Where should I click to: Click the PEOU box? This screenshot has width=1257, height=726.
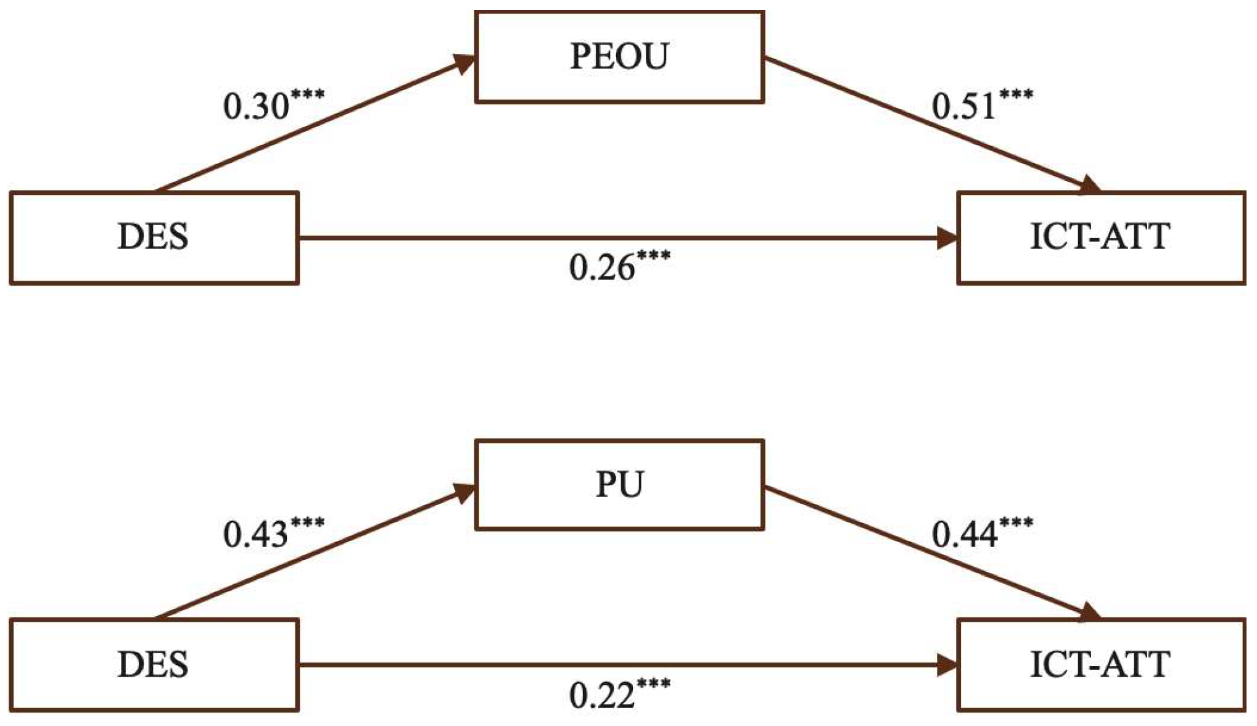click(619, 57)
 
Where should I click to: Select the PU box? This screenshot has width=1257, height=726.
click(619, 485)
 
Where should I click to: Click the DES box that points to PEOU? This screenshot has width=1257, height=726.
click(154, 237)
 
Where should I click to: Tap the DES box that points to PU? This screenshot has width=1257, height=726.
click(154, 665)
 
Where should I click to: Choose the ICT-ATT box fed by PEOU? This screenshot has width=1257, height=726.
click(1100, 237)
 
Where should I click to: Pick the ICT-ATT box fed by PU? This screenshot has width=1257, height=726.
click(1100, 665)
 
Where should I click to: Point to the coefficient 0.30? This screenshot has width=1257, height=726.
click(256, 107)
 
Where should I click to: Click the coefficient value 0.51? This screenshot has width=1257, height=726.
click(964, 107)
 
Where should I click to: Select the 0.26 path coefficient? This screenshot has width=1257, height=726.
click(602, 268)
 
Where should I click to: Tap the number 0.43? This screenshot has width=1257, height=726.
click(256, 535)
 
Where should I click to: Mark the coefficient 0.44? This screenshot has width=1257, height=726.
click(964, 535)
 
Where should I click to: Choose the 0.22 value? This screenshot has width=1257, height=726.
click(602, 696)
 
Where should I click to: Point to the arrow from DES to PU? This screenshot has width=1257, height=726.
click(315, 553)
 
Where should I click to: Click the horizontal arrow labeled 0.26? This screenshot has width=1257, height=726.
click(617, 237)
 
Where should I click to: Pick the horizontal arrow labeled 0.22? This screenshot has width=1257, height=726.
click(617, 665)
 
